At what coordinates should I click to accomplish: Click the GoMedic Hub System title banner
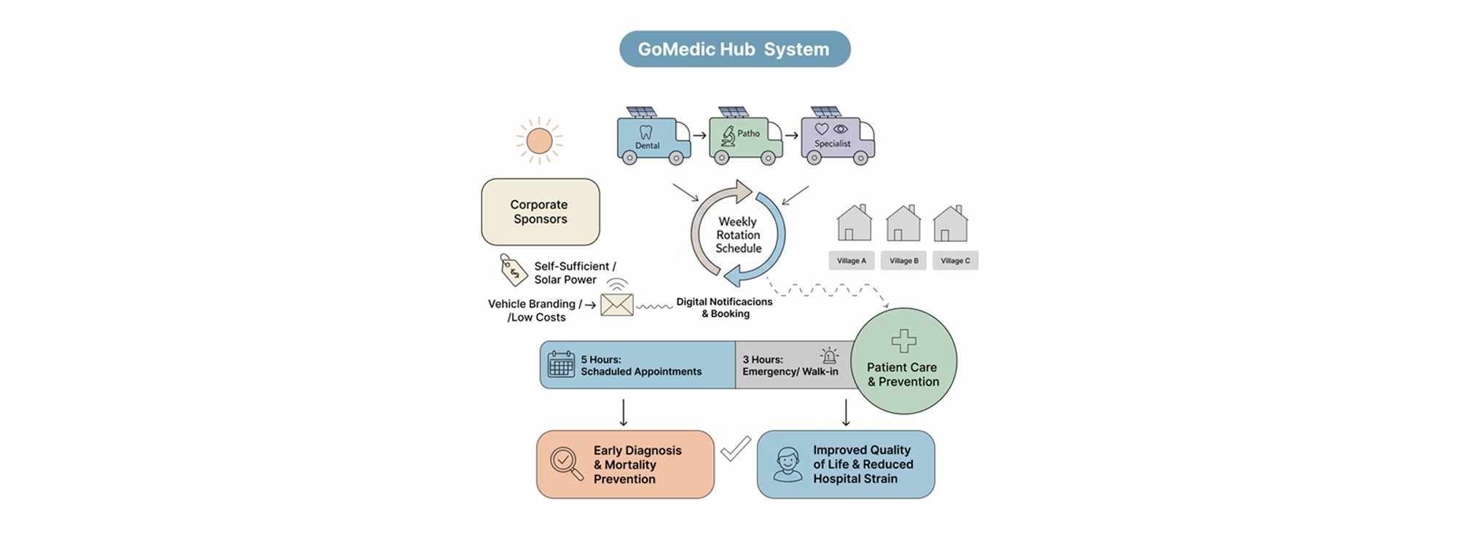coord(734,49)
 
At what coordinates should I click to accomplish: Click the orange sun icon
coord(539,141)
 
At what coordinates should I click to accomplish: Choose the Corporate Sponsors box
coord(540,212)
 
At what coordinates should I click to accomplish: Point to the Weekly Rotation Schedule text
coord(738,235)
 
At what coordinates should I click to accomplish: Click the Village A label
coord(851,261)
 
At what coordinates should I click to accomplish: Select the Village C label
coord(955,261)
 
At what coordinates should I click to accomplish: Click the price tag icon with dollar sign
coord(513,270)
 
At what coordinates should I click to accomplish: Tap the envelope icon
coord(616,305)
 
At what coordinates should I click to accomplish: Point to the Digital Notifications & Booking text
coord(724,307)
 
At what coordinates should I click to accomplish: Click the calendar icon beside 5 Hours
coord(560,364)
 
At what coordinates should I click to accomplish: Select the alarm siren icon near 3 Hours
coord(829,356)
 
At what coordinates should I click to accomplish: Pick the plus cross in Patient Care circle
coord(903,341)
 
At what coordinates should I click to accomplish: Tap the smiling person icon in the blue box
coord(787,464)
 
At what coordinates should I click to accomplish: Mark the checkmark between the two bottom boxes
coord(735,449)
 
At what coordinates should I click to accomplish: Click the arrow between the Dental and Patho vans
coord(699,136)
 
